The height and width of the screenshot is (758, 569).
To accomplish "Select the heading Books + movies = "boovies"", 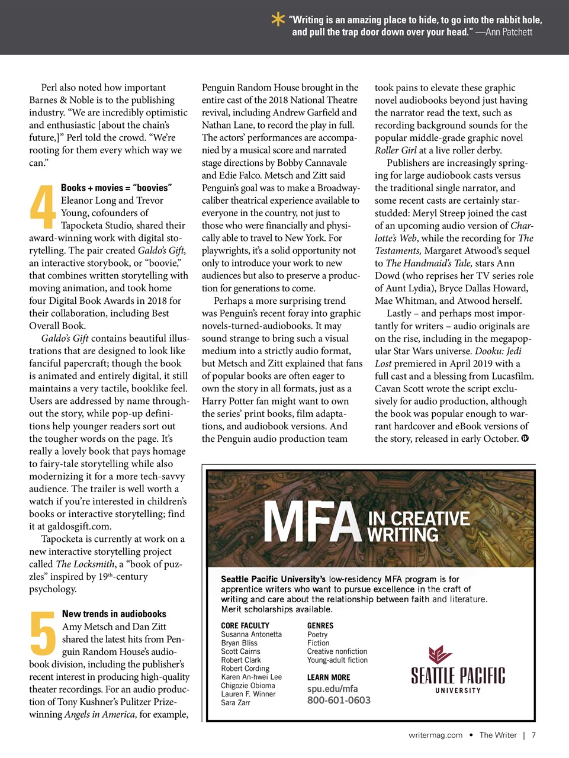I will point(116,188).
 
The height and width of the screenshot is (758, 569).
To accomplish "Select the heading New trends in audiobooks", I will point(114,614).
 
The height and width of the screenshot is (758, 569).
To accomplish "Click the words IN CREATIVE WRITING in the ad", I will point(419,526).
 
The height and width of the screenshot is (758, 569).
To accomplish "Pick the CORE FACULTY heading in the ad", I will point(245,625).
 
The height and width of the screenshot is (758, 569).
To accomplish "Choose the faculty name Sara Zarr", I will point(236,703).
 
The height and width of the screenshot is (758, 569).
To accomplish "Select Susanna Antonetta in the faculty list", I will point(251,634).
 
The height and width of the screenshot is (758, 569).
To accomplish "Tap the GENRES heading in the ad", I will point(320,625).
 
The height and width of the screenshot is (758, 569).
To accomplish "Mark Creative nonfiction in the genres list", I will point(337,651).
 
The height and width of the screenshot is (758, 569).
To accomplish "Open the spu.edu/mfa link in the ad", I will point(332,689).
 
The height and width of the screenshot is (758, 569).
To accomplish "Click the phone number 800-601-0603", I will point(339,701).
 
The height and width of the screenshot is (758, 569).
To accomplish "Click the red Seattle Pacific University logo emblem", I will point(440,655).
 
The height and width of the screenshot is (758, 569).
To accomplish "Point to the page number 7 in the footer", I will point(533,735).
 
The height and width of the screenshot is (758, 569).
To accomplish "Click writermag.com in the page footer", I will point(435,735).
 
